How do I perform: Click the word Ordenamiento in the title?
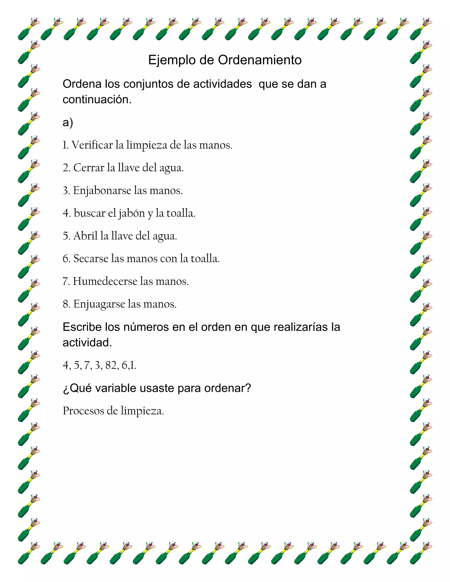260,60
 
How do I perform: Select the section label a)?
68,123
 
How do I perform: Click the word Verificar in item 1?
92,145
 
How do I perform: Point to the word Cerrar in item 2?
89,168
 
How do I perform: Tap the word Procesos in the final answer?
83,411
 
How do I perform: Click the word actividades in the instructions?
222,84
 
